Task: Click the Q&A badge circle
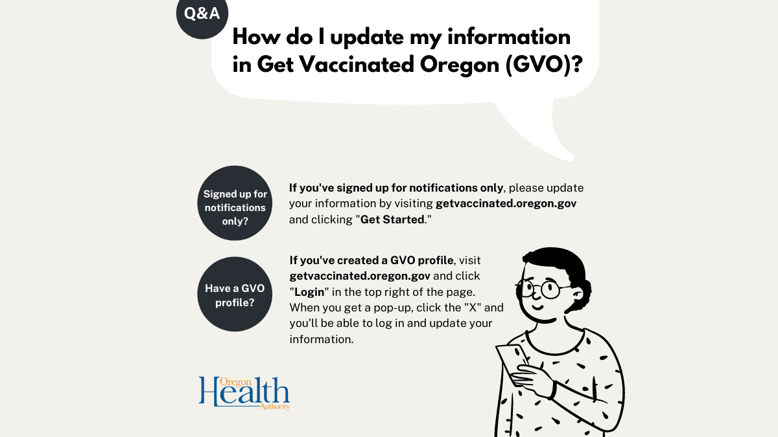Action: coord(202,14)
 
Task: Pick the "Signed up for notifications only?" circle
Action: coord(235,203)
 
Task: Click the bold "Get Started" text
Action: coord(392,219)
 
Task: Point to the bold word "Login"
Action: coord(310,291)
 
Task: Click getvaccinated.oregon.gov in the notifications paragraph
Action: coord(506,203)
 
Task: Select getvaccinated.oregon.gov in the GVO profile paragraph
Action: coord(360,276)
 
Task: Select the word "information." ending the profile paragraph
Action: coord(322,339)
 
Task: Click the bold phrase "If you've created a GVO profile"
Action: coord(371,260)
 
